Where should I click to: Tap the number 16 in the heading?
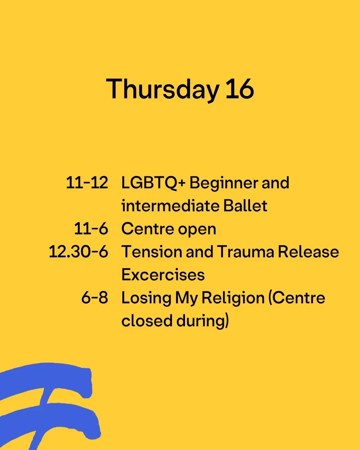point(240,89)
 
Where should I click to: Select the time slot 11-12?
point(87,183)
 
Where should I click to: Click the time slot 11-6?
point(91,229)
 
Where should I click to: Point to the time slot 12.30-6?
point(78,251)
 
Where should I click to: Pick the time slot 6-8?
point(95,297)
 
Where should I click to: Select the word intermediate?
point(170,206)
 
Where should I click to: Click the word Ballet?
point(245,206)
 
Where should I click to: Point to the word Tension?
point(152,252)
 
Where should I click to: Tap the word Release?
point(308,252)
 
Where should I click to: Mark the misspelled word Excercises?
point(163,274)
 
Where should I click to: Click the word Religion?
point(233,299)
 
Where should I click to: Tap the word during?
point(200,322)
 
